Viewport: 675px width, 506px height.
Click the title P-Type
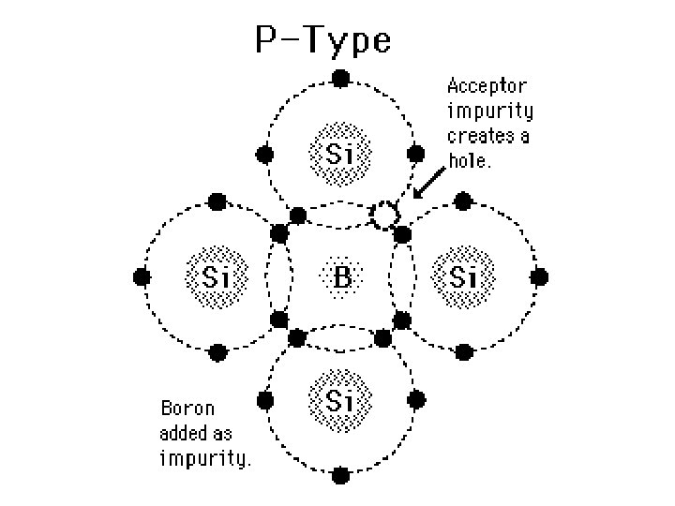tap(323, 40)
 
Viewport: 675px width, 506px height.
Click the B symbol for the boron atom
tap(341, 277)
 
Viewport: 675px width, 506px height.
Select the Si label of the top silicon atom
tap(339, 152)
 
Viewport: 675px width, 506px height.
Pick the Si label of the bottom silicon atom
tap(339, 401)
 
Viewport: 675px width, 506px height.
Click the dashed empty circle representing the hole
tap(383, 216)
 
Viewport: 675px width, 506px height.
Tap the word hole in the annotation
tap(469, 160)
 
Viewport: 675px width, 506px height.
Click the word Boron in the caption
tap(187, 409)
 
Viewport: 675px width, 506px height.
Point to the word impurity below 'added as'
tap(205, 459)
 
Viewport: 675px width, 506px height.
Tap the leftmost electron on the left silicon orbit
tap(142, 277)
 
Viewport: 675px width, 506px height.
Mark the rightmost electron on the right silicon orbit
tap(540, 277)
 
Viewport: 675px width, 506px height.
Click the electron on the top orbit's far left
tap(265, 153)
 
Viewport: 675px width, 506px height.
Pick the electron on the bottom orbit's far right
tap(415, 401)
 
